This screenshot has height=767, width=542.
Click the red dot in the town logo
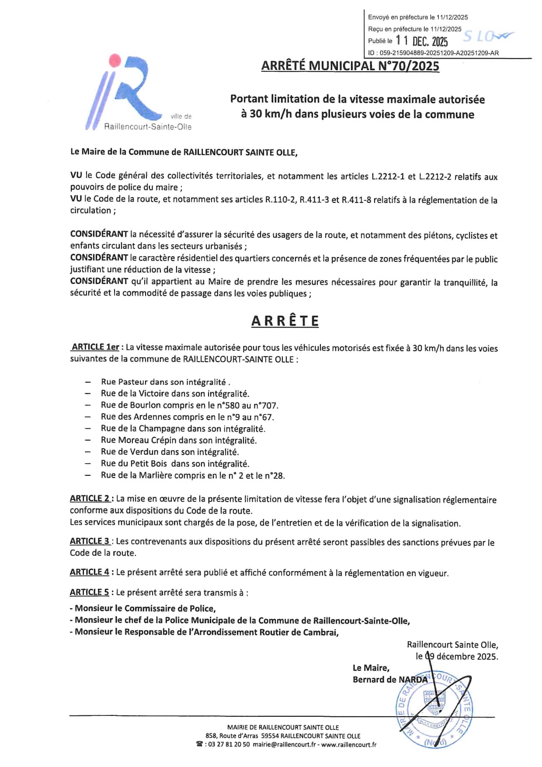coord(115,60)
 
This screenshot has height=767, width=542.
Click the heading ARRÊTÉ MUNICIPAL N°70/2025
coord(350,66)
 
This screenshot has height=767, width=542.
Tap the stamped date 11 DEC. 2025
coord(422,41)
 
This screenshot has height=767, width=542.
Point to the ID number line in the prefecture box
coord(433,53)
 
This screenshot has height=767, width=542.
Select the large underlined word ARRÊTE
coord(285,321)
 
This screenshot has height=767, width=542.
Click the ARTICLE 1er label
coord(95,347)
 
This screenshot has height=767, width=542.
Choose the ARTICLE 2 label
coord(90,499)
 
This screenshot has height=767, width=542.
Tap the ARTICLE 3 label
coord(90,541)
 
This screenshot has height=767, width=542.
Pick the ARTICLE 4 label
coord(90,572)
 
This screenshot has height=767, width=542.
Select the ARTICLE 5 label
coord(90,592)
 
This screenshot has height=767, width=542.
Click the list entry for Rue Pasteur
coord(165,382)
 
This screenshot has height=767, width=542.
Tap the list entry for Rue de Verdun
coord(170,452)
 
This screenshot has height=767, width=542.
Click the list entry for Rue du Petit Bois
coord(175,464)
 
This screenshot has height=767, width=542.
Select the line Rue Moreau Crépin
coord(178,440)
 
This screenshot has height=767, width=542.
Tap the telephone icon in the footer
coord(199,744)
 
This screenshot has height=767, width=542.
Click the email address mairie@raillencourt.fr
coord(284,744)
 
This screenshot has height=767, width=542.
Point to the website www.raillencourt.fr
coord(349,744)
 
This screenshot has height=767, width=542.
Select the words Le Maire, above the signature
coord(371,668)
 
